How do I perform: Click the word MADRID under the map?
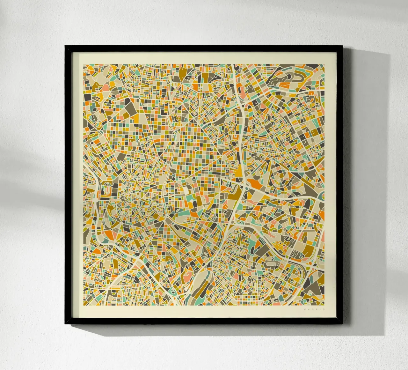coord(315,309)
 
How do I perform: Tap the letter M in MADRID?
coord(305,309)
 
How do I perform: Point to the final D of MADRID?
coord(324,309)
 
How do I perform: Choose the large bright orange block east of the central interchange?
coord(255,183)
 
